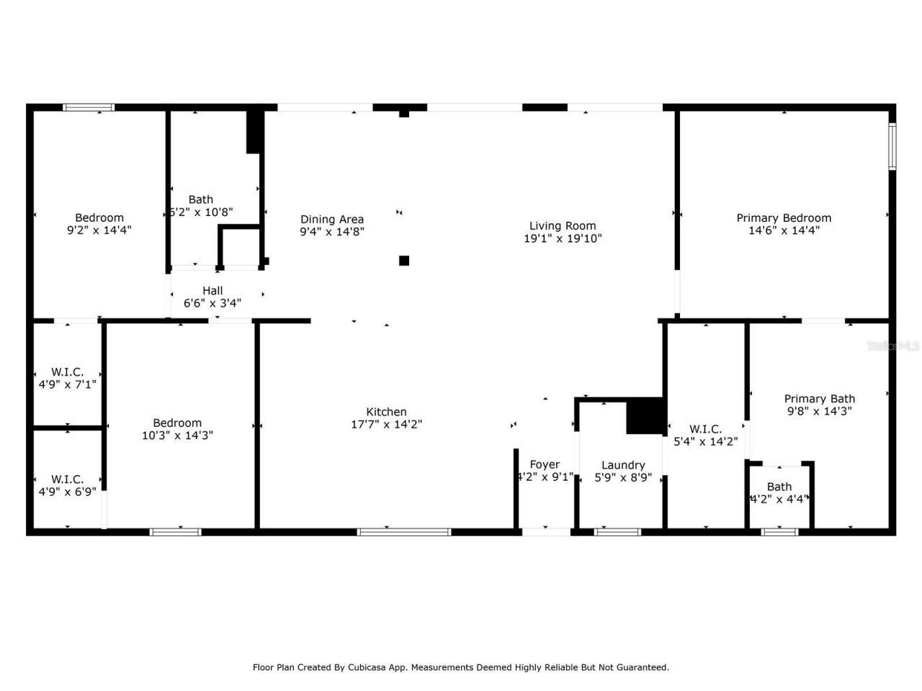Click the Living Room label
click(563, 225)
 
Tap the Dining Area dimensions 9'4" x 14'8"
click(332, 232)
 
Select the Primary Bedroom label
click(784, 217)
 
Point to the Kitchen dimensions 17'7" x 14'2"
click(386, 424)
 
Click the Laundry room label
click(623, 465)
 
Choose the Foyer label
click(545, 464)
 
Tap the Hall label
click(212, 291)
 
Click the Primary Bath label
click(820, 399)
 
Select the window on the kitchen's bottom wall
click(404, 532)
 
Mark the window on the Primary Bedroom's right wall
click(892, 147)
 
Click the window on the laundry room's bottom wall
click(617, 532)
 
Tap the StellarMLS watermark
click(893, 345)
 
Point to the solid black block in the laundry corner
click(645, 416)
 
